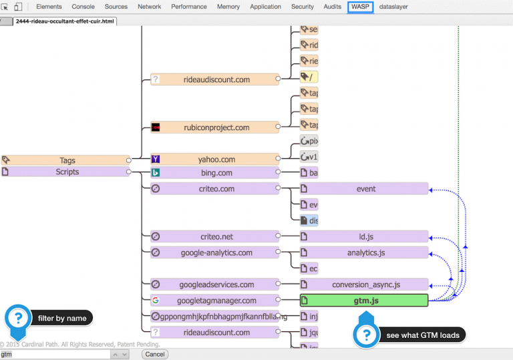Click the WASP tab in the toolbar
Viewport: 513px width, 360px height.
(x=360, y=7)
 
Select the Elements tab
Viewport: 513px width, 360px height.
(x=49, y=7)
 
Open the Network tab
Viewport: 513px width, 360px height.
(x=149, y=7)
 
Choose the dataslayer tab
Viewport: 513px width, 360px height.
(x=393, y=7)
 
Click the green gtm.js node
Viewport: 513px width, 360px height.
(x=364, y=301)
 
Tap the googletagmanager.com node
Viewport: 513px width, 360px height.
(x=218, y=301)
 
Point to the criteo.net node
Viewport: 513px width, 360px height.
(x=216, y=237)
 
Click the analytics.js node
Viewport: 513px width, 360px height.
(x=365, y=253)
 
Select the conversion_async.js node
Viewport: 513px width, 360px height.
(x=365, y=285)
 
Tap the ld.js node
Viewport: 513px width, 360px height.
(x=365, y=237)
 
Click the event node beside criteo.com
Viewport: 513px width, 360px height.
(x=365, y=189)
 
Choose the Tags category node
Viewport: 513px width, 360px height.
(x=67, y=160)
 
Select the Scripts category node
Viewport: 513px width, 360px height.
(x=67, y=172)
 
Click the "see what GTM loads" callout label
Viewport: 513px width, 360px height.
(x=422, y=335)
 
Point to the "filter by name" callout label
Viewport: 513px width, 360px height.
(x=62, y=319)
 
